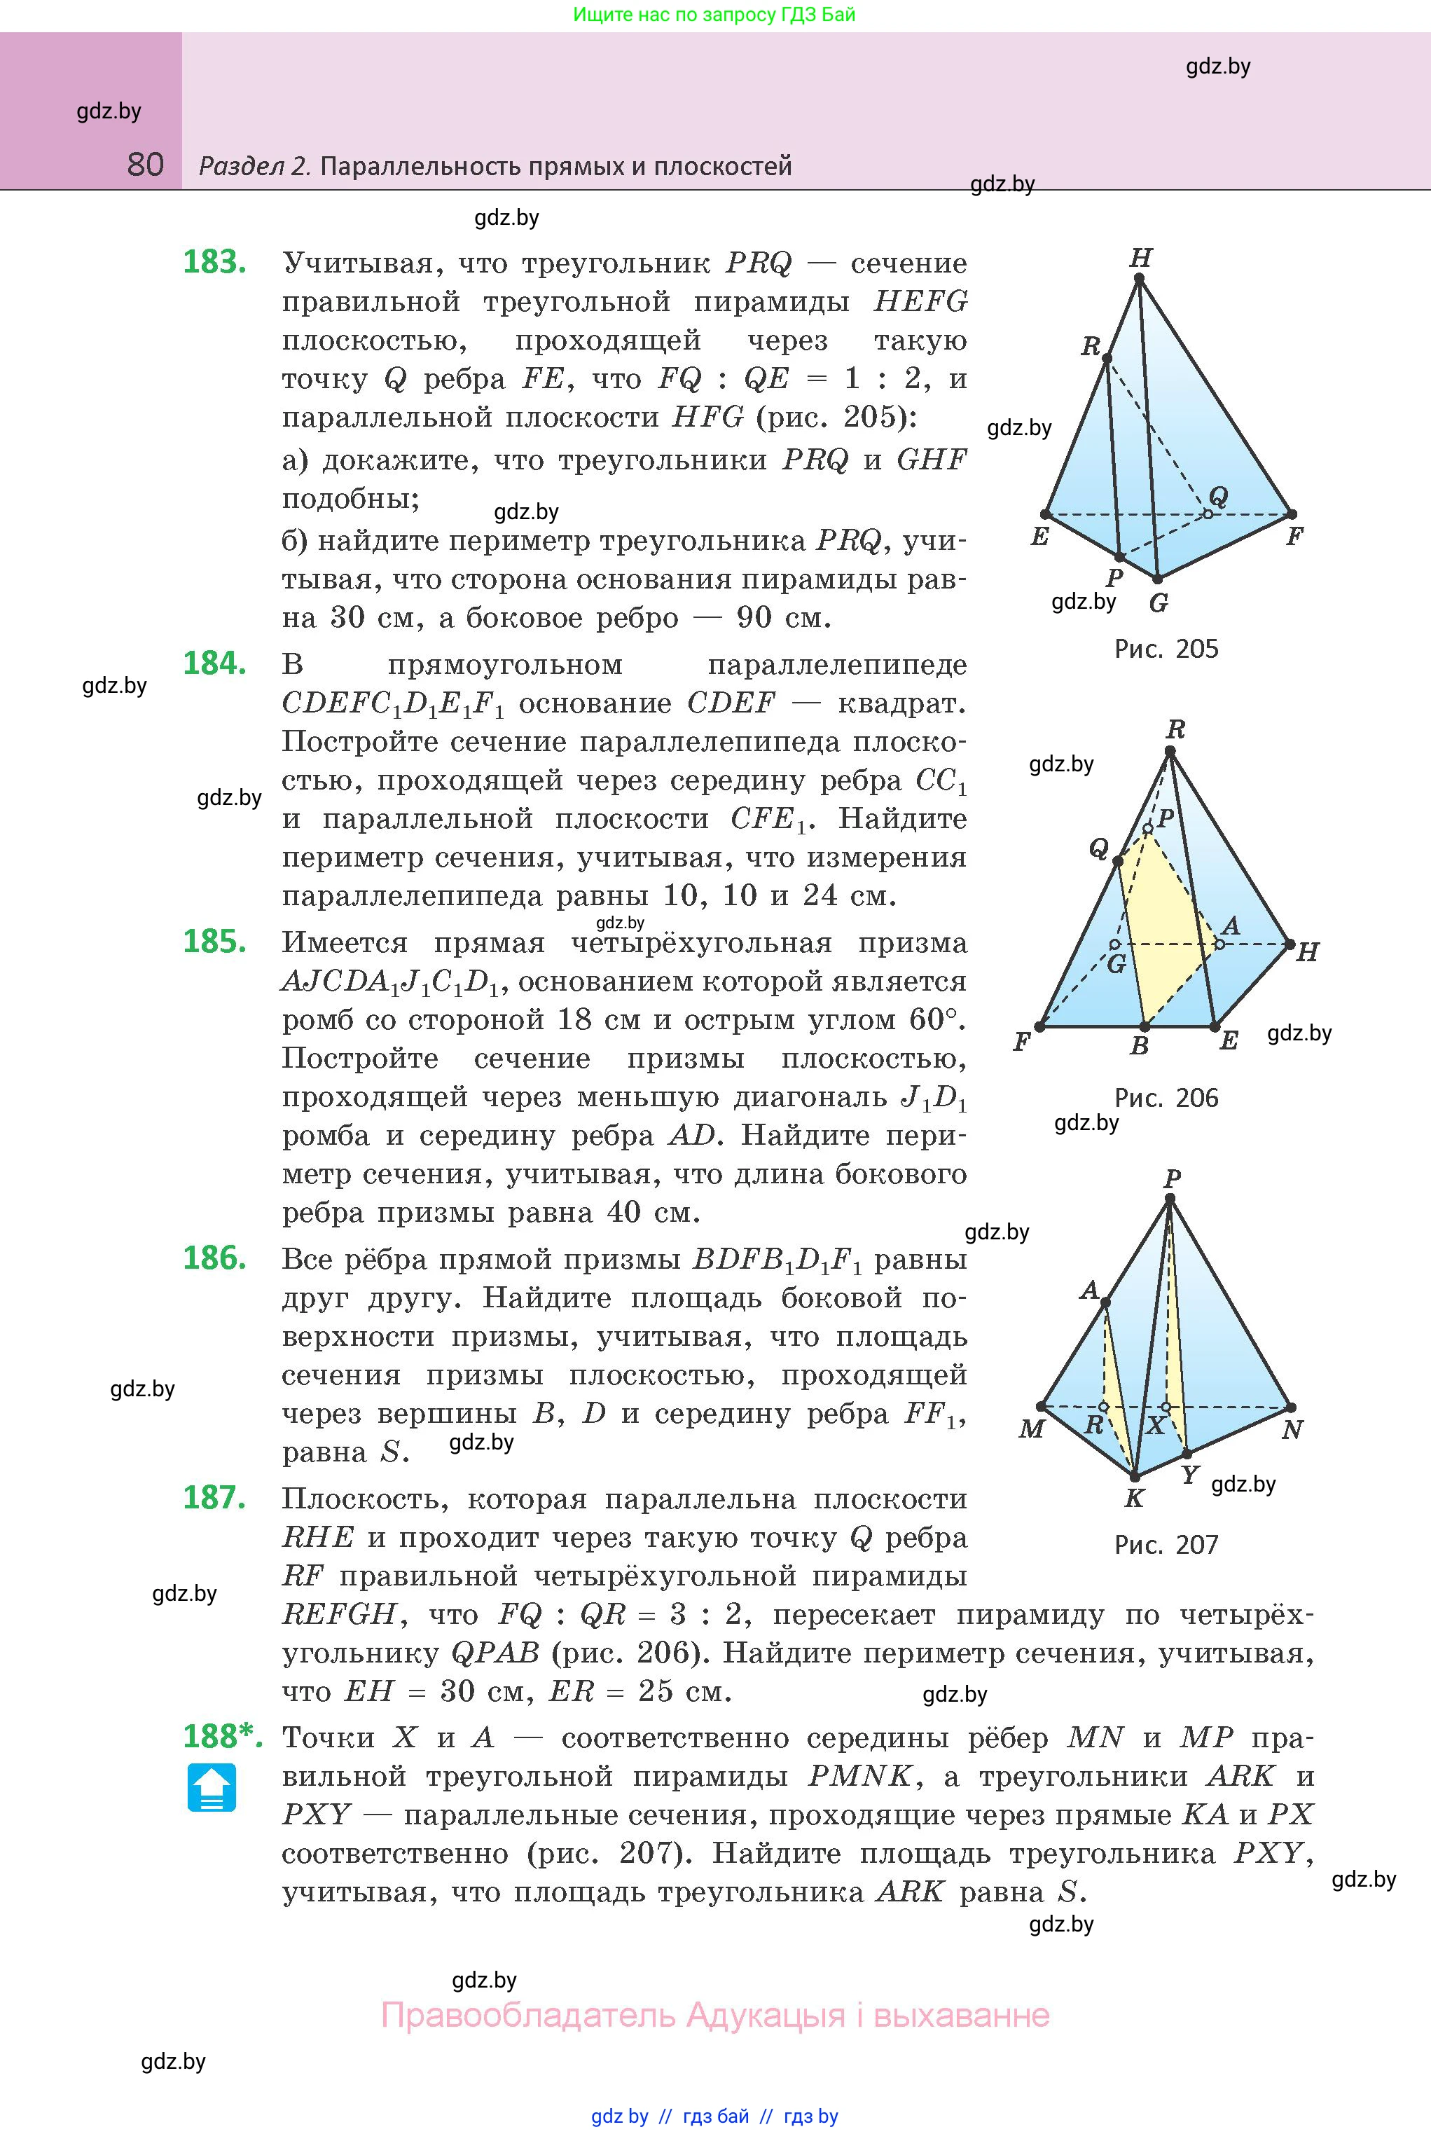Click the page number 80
(145, 165)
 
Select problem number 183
(214, 262)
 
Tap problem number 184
(214, 663)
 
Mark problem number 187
(214, 1498)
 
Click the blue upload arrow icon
(212, 1787)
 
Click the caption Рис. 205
(1166, 649)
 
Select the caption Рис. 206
(1166, 1098)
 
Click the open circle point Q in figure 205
(1208, 514)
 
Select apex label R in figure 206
(1175, 729)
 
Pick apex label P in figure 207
(1173, 1178)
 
